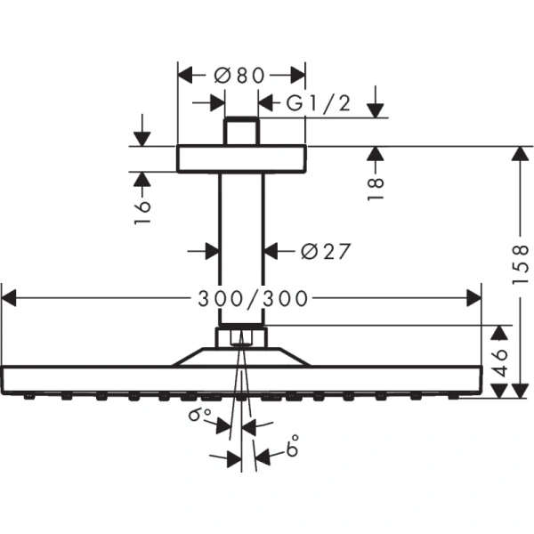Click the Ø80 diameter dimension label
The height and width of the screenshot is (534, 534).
click(x=240, y=76)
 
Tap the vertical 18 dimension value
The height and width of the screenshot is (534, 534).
click(x=376, y=185)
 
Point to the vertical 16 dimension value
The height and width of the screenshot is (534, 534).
click(x=142, y=210)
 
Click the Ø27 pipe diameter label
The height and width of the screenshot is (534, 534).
click(x=325, y=252)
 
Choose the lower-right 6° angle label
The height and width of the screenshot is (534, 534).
click(x=292, y=449)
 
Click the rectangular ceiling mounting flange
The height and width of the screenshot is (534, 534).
click(x=241, y=158)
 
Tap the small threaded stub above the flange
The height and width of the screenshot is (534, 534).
click(x=241, y=131)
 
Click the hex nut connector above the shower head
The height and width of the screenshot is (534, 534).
click(x=241, y=338)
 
